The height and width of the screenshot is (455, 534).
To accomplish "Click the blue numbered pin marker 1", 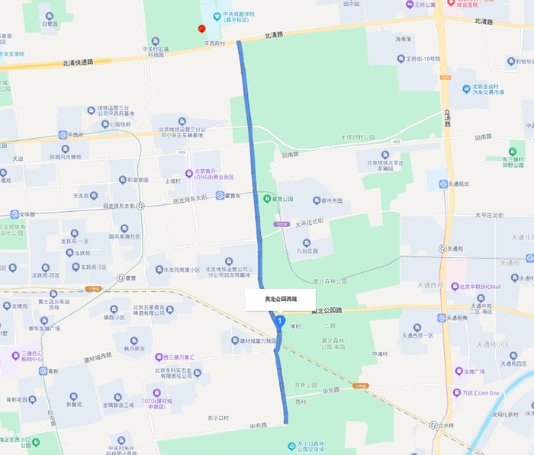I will (x=281, y=322).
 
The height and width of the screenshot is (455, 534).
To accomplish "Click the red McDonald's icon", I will (x=201, y=28).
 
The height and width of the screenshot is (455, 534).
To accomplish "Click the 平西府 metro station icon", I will (x=63, y=135).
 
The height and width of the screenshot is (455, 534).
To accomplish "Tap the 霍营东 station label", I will (x=233, y=196).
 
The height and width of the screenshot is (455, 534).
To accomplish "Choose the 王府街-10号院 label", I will (x=423, y=59).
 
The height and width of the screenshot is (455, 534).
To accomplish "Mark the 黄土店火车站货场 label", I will (x=54, y=304).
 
